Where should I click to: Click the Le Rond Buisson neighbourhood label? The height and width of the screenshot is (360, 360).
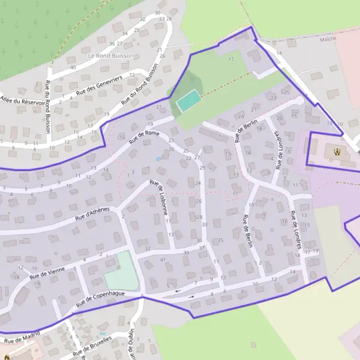110,56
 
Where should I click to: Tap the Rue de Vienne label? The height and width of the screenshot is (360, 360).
47,273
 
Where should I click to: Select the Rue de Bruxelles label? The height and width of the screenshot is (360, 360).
92,347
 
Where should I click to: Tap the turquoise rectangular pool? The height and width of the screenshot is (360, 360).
188,100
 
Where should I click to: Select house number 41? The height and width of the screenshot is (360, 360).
163,259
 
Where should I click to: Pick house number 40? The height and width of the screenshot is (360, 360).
73,67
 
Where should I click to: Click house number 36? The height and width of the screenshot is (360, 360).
112,44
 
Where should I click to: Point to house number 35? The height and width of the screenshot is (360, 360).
220,240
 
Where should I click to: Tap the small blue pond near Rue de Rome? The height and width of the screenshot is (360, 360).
158,159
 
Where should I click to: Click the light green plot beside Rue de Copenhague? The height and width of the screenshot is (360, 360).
119,271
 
